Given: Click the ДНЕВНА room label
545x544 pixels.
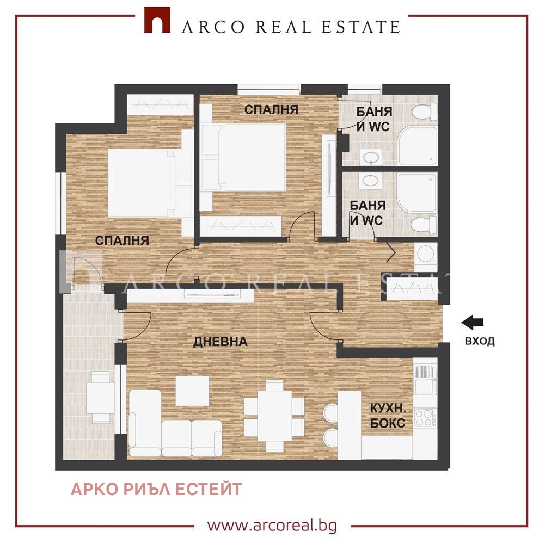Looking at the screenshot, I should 221,342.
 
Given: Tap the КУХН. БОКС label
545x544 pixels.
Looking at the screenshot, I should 388,416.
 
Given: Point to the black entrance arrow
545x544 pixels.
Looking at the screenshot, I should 473,323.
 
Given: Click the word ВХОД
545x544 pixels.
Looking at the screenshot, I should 480,342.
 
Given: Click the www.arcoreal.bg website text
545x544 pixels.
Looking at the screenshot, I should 272,526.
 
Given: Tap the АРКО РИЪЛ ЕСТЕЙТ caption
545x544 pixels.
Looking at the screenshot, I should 156,489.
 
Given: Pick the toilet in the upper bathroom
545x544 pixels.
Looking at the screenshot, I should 424,113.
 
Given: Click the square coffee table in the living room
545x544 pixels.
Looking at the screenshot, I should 192,391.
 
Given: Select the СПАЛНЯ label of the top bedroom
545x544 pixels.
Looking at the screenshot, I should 271,109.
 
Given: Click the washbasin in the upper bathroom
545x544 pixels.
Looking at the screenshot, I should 372,158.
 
